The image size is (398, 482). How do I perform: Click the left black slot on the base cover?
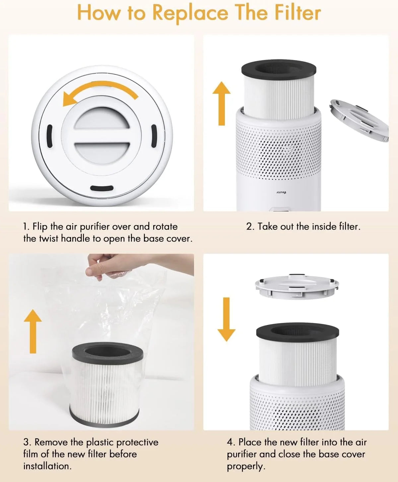pos(49,136)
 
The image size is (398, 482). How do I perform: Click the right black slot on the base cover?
pos(154,136)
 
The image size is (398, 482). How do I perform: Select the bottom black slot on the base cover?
pos(102,188)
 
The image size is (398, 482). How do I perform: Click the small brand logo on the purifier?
pos(281,192)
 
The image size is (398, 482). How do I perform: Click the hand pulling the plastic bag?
pos(109,265)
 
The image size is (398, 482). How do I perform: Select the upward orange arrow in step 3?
pos(33,331)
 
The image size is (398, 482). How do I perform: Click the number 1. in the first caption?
pos(26,227)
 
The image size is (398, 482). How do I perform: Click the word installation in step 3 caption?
pos(47,466)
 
